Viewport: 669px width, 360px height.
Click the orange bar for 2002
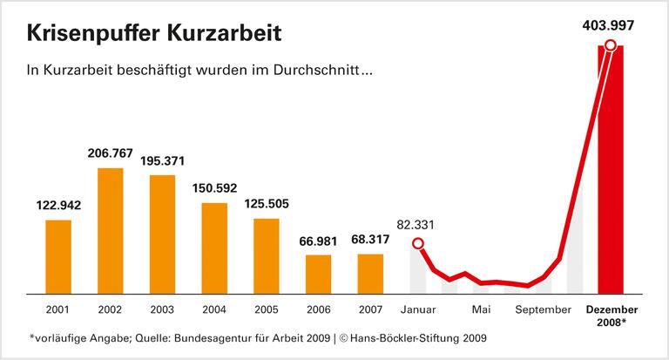click(110, 230)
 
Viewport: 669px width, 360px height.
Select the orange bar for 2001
click(57, 256)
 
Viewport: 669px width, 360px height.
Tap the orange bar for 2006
click(319, 274)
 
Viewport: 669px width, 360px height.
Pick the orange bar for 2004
click(214, 248)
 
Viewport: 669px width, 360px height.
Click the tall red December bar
click(611, 174)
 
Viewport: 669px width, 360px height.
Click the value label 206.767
click(110, 153)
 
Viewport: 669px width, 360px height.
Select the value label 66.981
click(319, 241)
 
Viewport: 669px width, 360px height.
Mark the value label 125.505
click(267, 204)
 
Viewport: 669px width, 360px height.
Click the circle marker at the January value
click(418, 244)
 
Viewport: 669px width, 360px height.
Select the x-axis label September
click(542, 309)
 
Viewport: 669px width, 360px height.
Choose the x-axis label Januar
click(419, 309)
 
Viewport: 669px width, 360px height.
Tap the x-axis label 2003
click(162, 309)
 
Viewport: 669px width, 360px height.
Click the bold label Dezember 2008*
click(612, 316)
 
